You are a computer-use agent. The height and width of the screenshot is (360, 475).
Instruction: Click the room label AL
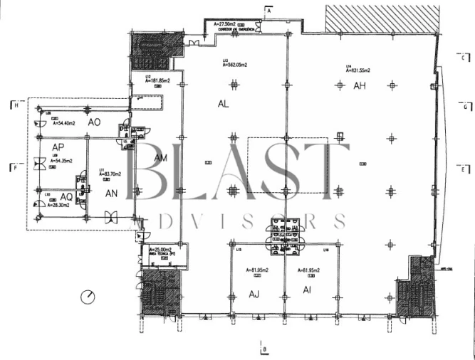pyautogui.click(x=224, y=103)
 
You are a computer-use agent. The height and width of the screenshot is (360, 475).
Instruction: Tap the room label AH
pyautogui.click(x=360, y=85)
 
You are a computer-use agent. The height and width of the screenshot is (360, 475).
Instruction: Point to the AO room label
pyautogui.click(x=94, y=122)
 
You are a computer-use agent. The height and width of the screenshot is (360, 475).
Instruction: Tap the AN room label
pyautogui.click(x=111, y=192)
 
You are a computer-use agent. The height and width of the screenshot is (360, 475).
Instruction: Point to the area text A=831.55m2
pyautogui.click(x=360, y=70)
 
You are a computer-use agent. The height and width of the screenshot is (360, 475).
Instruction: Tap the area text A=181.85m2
pyautogui.click(x=159, y=80)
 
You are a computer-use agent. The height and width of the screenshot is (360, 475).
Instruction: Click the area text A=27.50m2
pyautogui.click(x=229, y=24)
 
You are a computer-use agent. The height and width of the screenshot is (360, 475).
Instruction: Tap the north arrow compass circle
pyautogui.click(x=88, y=297)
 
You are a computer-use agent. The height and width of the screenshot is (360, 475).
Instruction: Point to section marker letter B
pyautogui.click(x=264, y=349)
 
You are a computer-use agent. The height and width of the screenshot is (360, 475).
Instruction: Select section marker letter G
pyautogui.click(x=464, y=108)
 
